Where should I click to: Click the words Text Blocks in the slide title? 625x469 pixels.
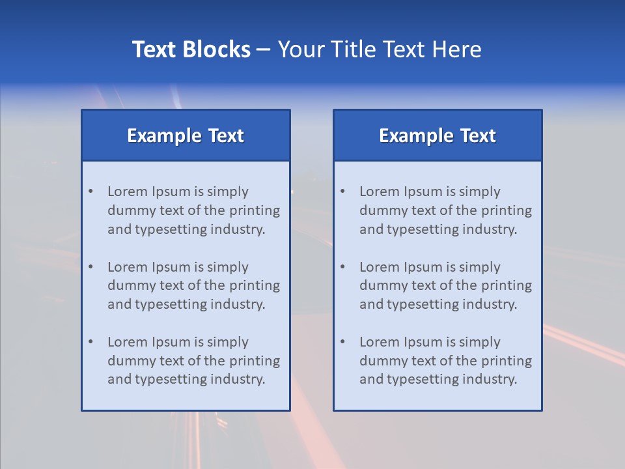coord(191,50)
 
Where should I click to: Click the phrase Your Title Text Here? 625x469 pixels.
coord(380,50)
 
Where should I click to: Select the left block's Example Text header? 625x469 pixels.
coord(186,135)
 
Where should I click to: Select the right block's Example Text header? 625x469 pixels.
coord(437,135)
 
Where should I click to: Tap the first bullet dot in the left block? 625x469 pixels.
coord(90,192)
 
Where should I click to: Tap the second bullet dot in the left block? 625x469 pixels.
coord(90,267)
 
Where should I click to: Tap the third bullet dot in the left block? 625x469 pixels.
coord(90,342)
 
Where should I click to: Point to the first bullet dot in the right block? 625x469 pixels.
coord(342,192)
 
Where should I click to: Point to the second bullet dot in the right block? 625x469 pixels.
coord(342,267)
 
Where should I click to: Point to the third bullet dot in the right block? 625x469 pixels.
coord(342,342)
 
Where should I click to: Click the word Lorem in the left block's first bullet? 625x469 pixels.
coord(128,192)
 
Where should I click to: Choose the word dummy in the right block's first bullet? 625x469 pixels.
coord(382,210)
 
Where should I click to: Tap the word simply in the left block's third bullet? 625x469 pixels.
coord(229,342)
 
